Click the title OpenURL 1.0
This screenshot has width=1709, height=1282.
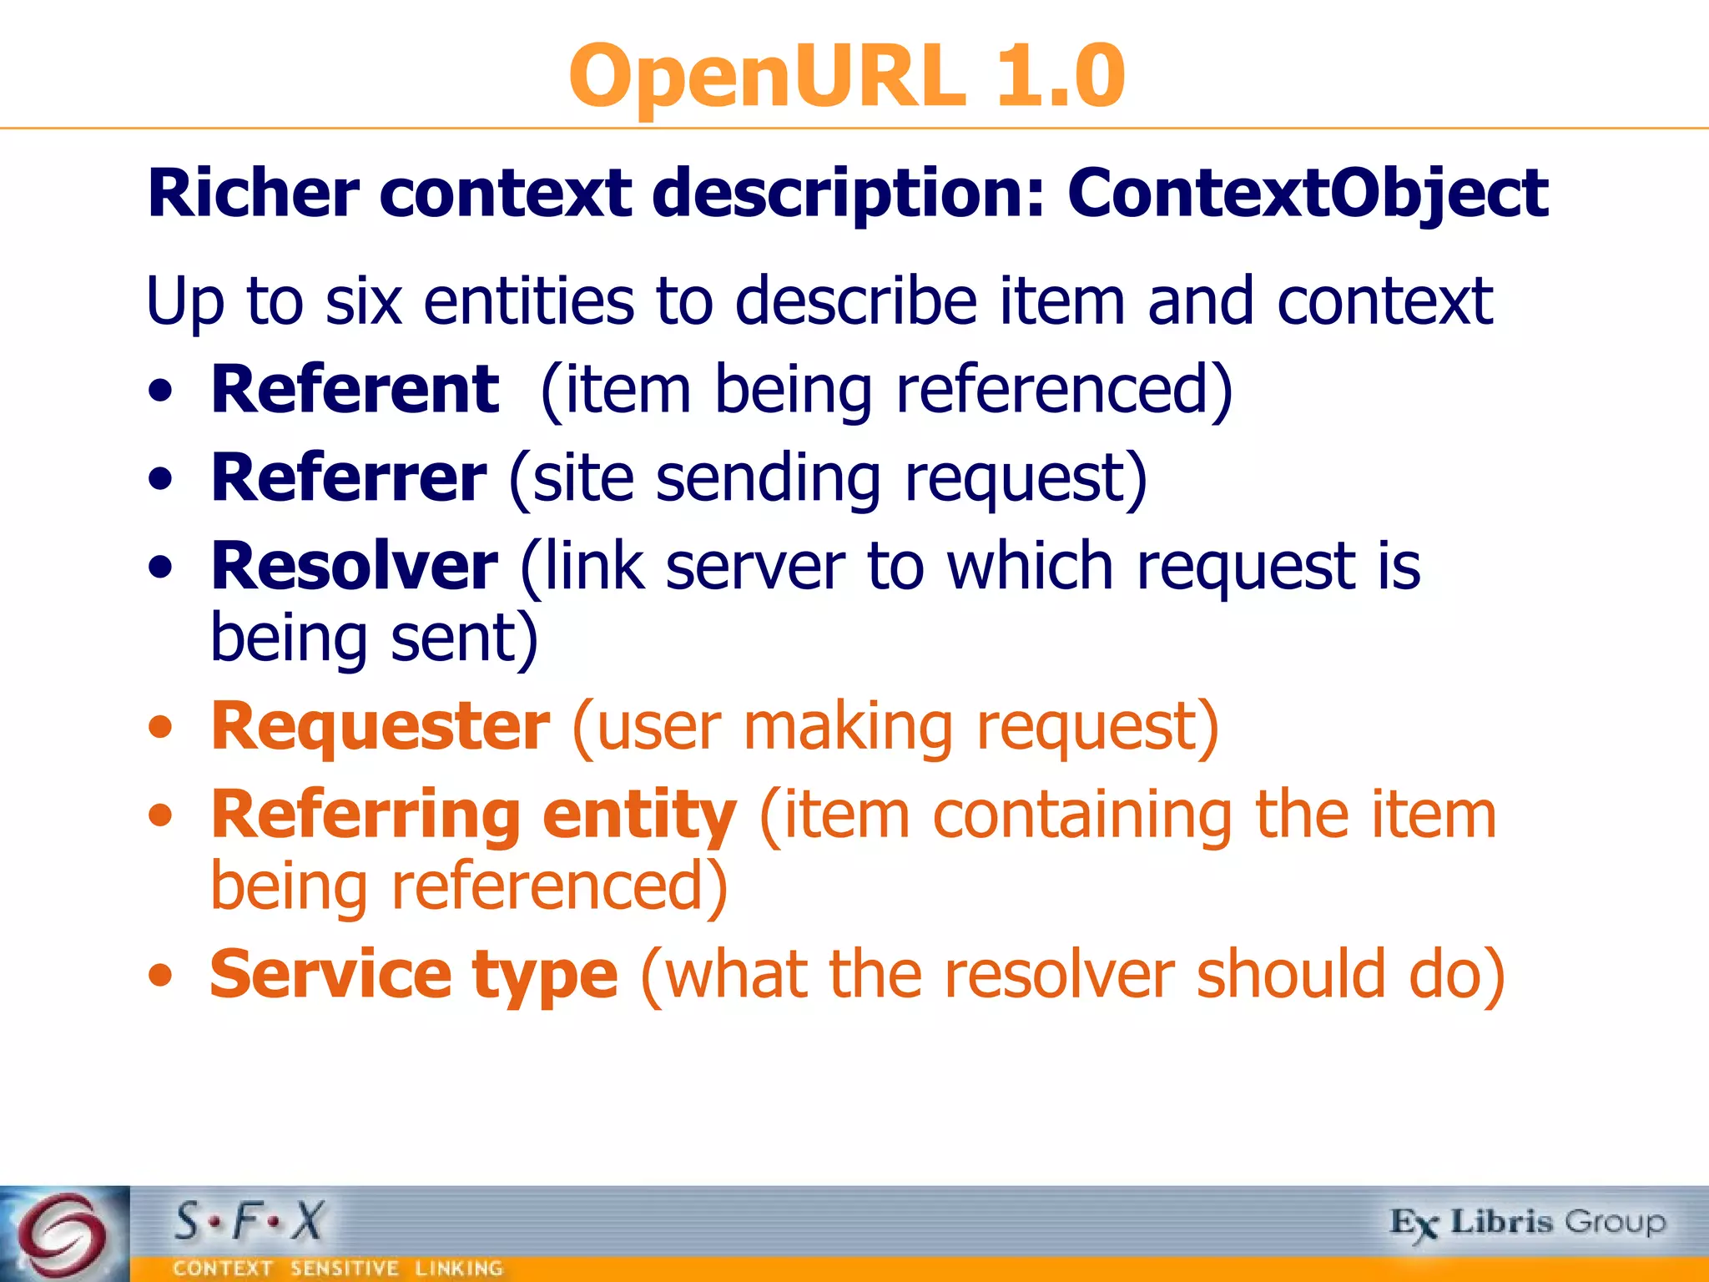[846, 76]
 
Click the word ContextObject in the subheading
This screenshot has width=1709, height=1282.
[1307, 194]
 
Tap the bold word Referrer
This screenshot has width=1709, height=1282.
[348, 477]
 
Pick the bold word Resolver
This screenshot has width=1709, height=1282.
[354, 566]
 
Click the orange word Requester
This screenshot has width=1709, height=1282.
[380, 726]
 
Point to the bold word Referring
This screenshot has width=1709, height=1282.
[365, 816]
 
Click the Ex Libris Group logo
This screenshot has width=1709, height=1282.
[1527, 1224]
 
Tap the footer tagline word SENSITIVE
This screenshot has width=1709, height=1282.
[344, 1269]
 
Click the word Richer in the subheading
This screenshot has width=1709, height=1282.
[253, 194]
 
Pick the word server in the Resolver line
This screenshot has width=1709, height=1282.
[755, 566]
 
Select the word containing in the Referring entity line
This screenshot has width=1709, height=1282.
[1081, 815]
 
